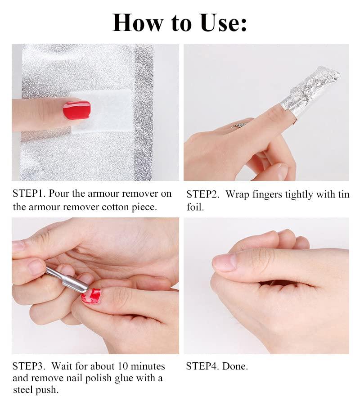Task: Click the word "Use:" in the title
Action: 223,23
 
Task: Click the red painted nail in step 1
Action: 77,110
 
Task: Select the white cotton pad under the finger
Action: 103,111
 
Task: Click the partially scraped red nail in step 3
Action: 91,296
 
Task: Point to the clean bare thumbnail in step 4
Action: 224,262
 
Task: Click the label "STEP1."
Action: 29,194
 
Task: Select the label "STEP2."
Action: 203,194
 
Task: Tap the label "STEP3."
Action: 28,366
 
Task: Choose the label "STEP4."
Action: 202,366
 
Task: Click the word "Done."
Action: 235,366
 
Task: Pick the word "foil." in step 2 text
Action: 195,207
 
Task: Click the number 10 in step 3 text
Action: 123,366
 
